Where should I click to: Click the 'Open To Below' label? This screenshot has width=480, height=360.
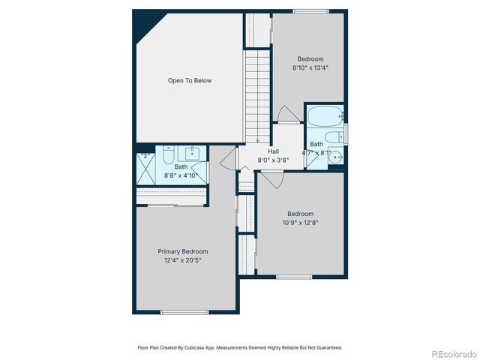click(189, 80)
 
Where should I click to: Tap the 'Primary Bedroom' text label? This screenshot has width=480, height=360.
click(182, 251)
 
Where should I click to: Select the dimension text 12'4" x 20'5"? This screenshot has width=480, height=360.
click(182, 260)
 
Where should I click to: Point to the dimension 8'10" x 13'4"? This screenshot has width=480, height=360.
click(310, 67)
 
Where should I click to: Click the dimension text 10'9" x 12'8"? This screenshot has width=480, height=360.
click(300, 222)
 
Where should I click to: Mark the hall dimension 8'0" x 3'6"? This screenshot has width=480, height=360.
click(273, 159)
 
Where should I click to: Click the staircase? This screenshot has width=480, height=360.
click(256, 94)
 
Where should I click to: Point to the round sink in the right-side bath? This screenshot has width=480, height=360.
click(337, 157)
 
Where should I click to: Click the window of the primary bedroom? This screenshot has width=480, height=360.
click(184, 312)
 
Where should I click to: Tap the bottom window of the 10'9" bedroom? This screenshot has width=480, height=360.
click(294, 277)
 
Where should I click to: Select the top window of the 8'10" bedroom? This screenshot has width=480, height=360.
click(310, 10)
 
